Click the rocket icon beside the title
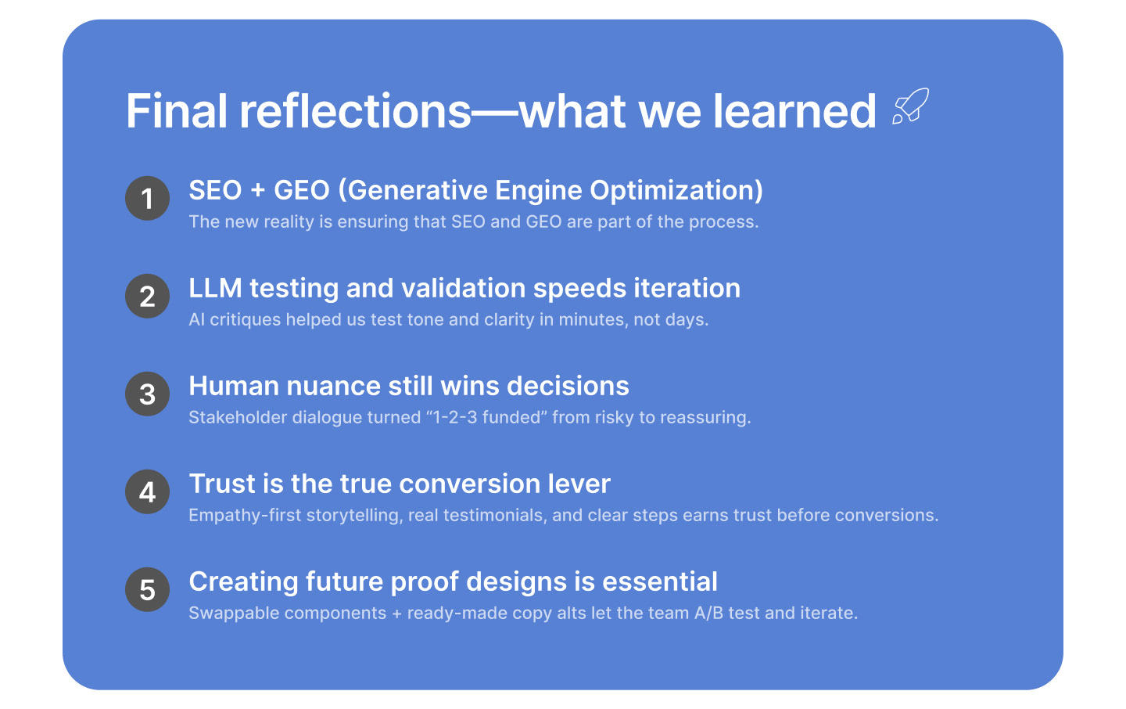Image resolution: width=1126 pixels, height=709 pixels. [910, 106]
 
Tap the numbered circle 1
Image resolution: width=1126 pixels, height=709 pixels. [147, 198]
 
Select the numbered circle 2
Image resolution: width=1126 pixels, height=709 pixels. [147, 296]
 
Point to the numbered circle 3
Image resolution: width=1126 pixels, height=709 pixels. [147, 394]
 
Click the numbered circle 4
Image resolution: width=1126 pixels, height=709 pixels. [147, 491]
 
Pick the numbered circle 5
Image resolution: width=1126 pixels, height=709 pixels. [147, 589]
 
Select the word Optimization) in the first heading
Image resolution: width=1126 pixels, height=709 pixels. [676, 191]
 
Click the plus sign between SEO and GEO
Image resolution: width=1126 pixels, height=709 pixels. [258, 191]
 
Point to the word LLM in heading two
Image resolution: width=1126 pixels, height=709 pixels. [215, 288]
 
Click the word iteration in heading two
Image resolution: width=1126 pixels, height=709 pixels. [687, 288]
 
